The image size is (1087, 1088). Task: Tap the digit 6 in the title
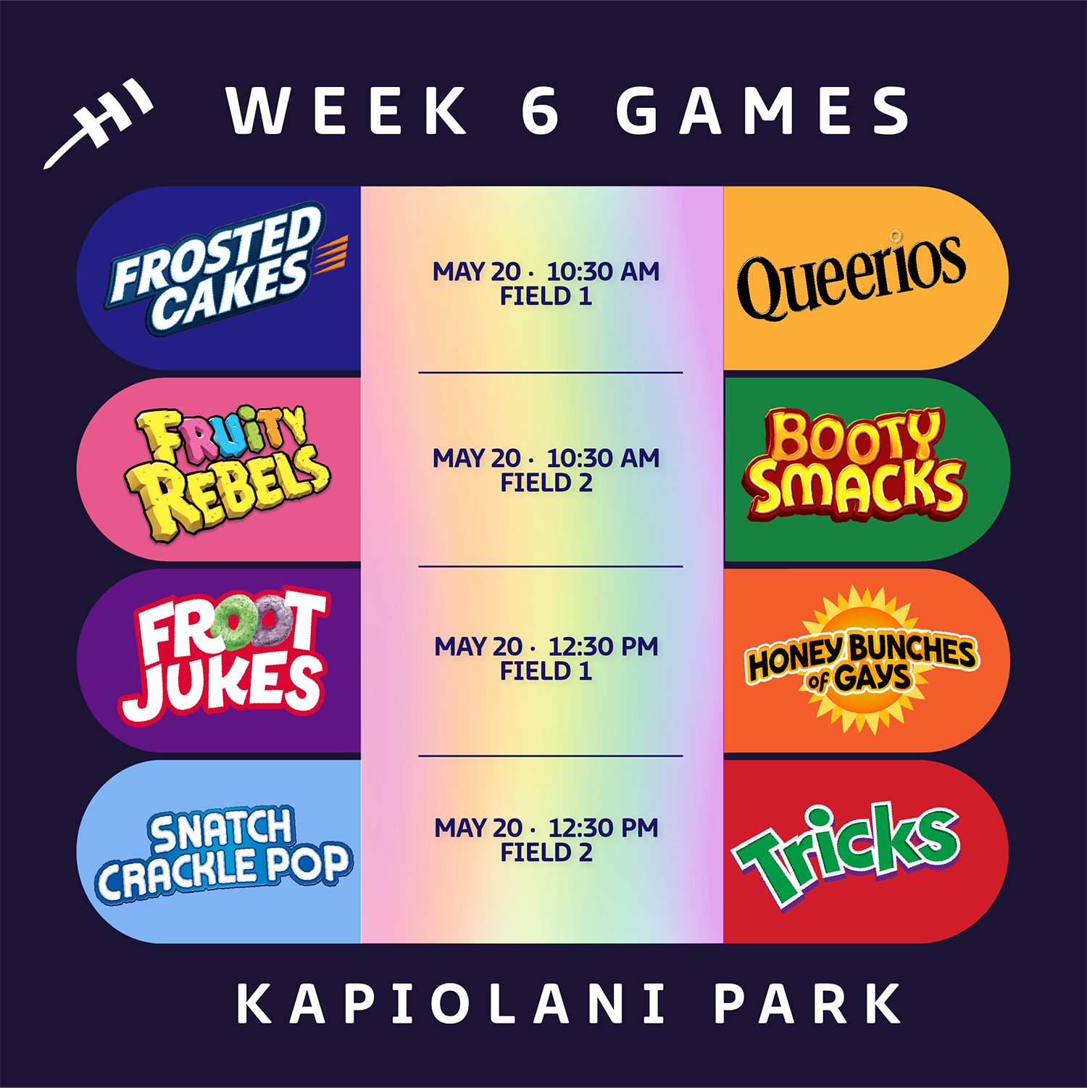(541, 110)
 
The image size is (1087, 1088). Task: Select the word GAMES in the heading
(764, 110)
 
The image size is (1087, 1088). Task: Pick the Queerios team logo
(851, 274)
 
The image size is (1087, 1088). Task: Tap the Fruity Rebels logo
(227, 473)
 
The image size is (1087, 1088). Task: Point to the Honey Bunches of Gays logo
(861, 660)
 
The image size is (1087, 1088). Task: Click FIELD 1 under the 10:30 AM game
(546, 296)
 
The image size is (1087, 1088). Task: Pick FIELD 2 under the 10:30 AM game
(546, 483)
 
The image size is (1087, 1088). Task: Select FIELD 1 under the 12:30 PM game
(546, 671)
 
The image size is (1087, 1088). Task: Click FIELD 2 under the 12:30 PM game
(546, 852)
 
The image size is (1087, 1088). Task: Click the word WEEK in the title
(346, 110)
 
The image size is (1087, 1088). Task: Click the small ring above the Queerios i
(896, 236)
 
